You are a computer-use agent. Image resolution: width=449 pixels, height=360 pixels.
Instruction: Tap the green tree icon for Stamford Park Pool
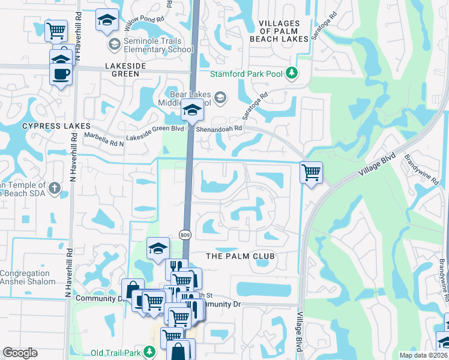[292, 73]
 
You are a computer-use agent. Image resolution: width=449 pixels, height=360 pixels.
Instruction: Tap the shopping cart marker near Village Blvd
[311, 173]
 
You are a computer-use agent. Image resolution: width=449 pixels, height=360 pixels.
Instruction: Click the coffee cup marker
[60, 74]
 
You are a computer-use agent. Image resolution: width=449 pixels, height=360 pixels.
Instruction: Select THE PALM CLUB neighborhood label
[240, 256]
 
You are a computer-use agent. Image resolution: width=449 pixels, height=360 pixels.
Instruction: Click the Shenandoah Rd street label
[222, 128]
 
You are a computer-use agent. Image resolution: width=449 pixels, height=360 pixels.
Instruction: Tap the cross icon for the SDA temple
[54, 188]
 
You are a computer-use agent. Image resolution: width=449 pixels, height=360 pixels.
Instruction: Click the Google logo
[20, 353]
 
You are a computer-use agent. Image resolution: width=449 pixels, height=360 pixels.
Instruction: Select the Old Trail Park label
[118, 352]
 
